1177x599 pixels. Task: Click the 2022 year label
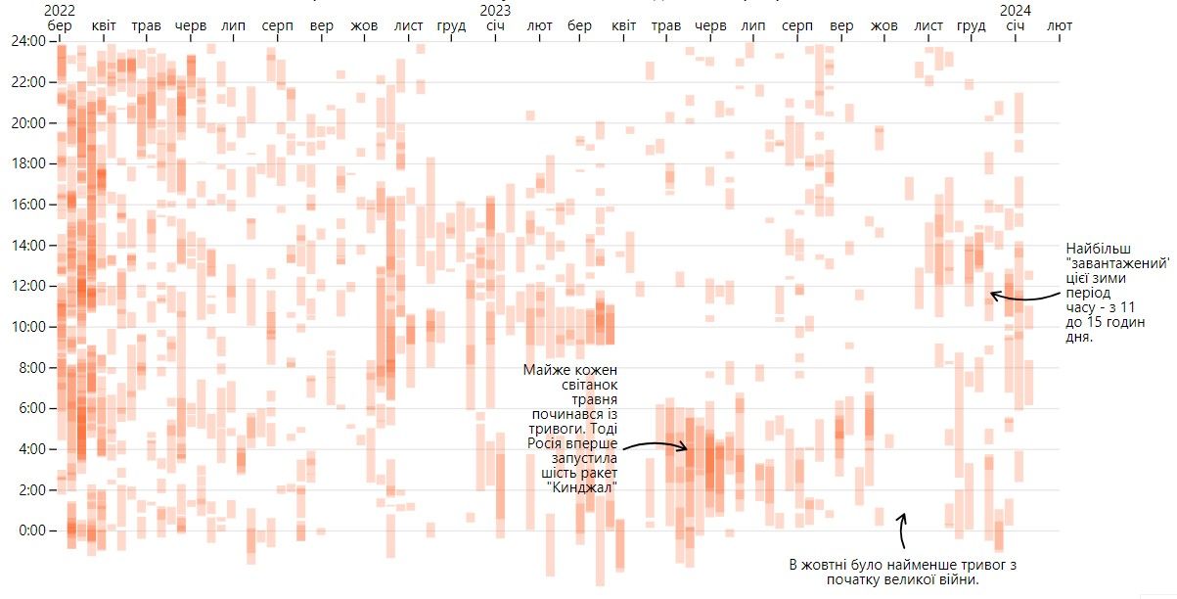pos(60,10)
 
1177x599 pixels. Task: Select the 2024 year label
pos(1017,10)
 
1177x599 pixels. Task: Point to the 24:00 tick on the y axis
pos(25,41)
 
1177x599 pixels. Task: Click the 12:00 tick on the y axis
pos(25,286)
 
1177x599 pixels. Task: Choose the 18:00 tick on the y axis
pos(25,163)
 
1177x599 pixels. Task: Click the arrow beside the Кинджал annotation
pos(656,446)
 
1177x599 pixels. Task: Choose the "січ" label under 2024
pos(1017,24)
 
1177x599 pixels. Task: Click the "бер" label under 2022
pos(60,24)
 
